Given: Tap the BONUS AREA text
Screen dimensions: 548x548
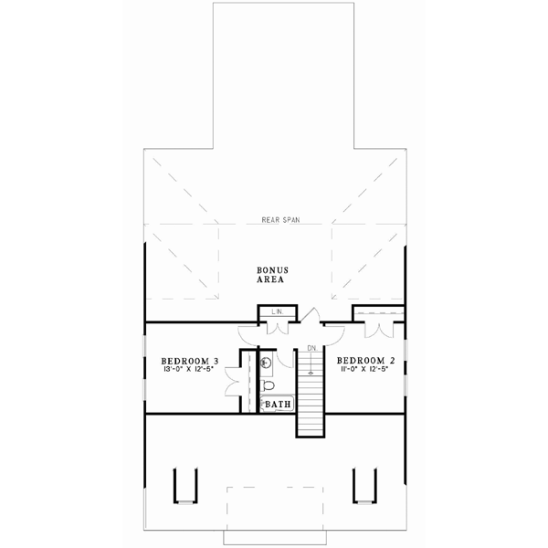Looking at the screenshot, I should (272, 276).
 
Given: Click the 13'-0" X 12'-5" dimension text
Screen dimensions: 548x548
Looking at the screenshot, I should (188, 371).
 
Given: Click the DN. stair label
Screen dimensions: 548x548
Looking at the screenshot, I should (311, 348).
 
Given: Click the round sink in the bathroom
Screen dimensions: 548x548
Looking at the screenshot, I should (265, 364).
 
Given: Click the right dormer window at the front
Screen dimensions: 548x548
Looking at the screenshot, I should (364, 485).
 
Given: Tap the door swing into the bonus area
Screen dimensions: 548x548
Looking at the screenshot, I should (311, 319).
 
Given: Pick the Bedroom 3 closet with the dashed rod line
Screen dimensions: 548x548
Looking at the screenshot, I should (247, 381).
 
